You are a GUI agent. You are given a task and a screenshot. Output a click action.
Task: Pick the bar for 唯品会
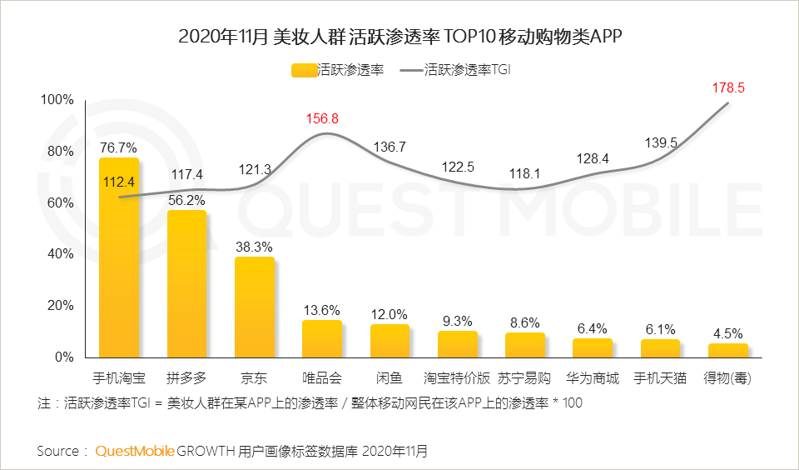(x=321, y=338)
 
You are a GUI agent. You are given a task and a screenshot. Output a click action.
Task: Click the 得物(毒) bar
(x=728, y=350)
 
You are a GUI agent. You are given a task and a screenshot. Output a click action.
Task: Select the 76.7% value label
(x=118, y=147)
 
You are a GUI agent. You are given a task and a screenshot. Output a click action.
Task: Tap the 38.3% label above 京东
(x=254, y=247)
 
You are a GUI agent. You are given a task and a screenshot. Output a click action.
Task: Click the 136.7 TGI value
(x=390, y=147)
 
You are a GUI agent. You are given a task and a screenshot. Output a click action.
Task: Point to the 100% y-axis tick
(x=57, y=100)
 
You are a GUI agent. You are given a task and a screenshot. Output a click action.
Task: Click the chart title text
(x=400, y=37)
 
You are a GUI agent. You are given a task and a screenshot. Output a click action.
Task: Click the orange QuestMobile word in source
(x=135, y=451)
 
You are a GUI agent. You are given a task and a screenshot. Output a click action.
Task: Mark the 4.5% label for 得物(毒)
(x=728, y=332)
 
